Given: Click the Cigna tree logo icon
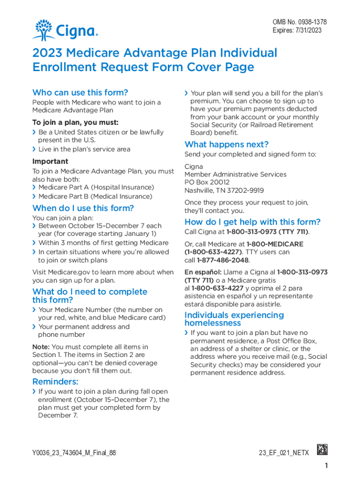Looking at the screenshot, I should point(43,29).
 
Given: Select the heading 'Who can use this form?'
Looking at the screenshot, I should point(80,93).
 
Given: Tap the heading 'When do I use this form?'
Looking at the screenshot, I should point(83,208).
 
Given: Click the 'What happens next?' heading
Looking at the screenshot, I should point(226,144).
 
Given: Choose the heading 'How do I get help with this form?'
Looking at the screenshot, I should point(252,222).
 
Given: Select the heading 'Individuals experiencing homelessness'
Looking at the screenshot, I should point(234,319).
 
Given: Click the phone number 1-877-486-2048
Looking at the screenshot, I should point(223,260).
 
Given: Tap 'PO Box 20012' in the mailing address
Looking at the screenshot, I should point(207,182).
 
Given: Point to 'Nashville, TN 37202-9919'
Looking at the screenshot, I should point(224,190).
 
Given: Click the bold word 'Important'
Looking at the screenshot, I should point(50,161).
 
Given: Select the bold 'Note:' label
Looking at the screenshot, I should point(41,347).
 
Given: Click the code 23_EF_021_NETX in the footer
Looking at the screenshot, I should point(283,453).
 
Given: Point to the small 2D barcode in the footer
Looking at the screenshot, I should point(322,450).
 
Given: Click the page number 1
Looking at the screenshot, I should point(325,466).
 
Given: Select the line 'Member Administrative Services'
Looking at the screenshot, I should point(235,174).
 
